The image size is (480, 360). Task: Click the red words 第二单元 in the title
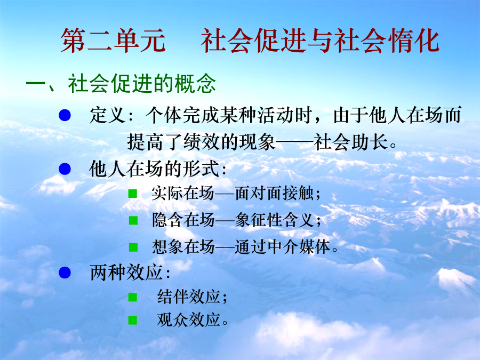[x=113, y=41]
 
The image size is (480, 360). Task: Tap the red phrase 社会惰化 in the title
[x=387, y=41]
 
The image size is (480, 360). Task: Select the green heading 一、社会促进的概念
[x=121, y=83]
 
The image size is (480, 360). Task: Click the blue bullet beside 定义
[x=65, y=115]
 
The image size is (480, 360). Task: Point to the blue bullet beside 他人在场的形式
[x=65, y=169]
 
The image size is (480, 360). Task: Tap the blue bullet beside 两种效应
[x=65, y=272]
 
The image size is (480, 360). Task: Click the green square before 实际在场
[x=133, y=194]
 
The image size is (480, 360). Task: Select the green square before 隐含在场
[x=133, y=220]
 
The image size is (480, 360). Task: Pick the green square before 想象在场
[x=133, y=247]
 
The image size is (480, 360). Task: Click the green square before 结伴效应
[x=133, y=297]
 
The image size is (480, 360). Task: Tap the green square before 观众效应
[x=133, y=320]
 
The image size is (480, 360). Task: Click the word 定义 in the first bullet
[x=107, y=115]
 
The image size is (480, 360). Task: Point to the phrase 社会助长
[x=351, y=142]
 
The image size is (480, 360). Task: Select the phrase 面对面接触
[x=274, y=193]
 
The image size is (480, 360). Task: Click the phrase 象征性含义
[x=274, y=220]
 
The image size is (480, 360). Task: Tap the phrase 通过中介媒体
[x=283, y=247]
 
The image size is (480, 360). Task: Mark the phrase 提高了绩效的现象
[x=202, y=142]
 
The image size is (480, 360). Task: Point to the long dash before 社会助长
[x=294, y=142]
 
